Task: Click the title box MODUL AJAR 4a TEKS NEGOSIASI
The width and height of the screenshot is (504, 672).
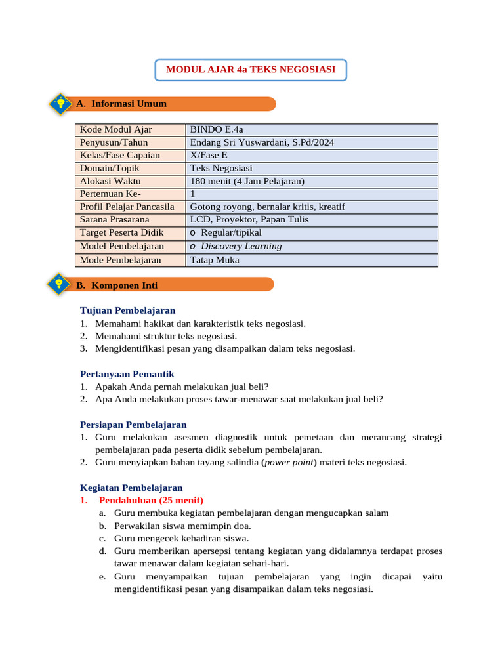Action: coord(251,70)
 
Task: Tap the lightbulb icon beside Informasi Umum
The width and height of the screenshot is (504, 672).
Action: coord(60,104)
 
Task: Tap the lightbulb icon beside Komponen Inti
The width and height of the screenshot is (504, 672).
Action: coord(60,285)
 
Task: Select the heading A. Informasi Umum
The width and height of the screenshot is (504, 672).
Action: coord(121,104)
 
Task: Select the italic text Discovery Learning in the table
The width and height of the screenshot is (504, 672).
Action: coord(241,246)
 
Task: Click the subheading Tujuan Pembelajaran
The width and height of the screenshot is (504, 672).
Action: coord(127,310)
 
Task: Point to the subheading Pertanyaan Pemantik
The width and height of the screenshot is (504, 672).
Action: coord(127,373)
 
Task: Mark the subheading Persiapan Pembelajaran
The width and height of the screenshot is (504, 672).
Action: coord(133,425)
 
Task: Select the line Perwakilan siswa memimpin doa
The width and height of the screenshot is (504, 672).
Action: coord(182,526)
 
